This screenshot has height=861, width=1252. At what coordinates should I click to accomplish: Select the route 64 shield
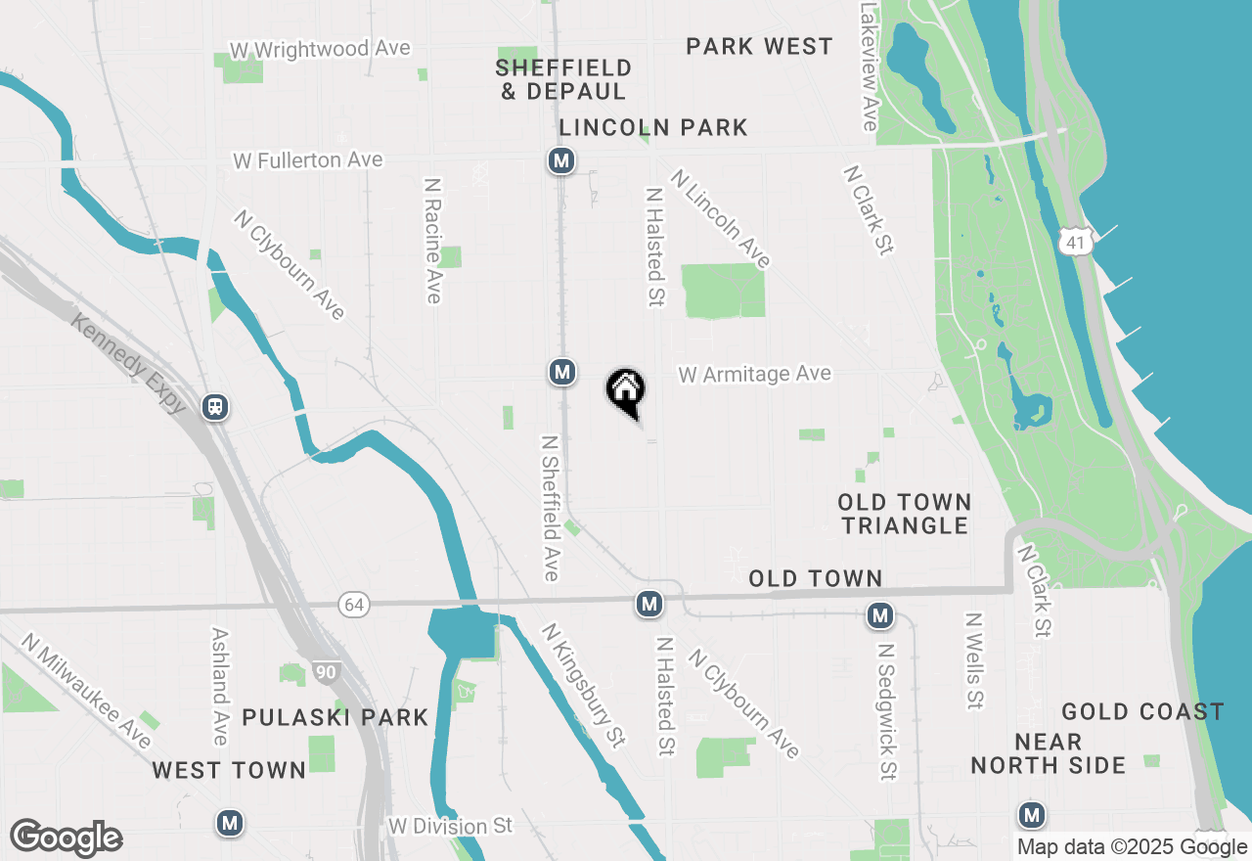(x=354, y=605)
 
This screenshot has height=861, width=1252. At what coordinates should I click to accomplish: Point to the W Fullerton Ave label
(x=307, y=159)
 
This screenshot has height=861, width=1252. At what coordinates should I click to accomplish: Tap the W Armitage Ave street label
(x=754, y=374)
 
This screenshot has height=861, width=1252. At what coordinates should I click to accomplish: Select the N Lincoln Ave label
(x=721, y=218)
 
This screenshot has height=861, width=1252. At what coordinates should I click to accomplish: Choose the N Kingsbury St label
(x=583, y=686)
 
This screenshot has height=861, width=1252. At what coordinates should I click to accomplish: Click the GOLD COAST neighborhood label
(x=1142, y=711)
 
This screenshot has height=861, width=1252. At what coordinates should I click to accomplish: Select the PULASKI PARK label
(x=335, y=717)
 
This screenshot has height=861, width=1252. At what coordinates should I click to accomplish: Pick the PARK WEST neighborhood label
(x=759, y=47)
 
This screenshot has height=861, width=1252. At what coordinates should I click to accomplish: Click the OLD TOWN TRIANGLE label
(x=905, y=514)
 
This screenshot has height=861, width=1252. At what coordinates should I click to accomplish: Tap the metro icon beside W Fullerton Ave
(x=560, y=160)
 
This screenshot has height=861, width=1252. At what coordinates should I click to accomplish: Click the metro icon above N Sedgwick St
(x=880, y=615)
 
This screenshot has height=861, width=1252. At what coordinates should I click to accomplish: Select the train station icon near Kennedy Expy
(x=216, y=407)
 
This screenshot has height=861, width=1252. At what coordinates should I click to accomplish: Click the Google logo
(x=66, y=838)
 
